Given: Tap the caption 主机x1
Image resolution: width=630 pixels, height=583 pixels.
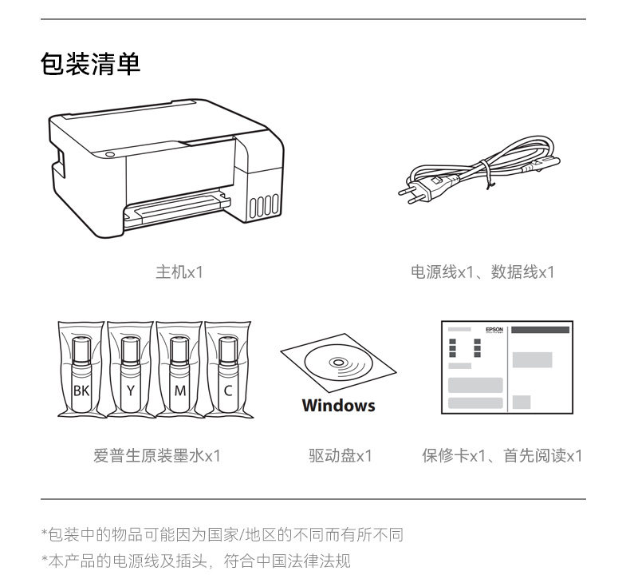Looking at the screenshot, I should click(x=179, y=272).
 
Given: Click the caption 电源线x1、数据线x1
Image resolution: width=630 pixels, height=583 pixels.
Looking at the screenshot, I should click(x=482, y=272).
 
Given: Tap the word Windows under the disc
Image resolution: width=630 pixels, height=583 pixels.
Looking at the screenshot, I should click(x=338, y=406).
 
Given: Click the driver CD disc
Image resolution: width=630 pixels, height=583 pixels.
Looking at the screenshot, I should click(x=338, y=365).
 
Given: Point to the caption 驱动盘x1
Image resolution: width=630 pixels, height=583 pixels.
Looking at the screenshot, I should click(x=340, y=456).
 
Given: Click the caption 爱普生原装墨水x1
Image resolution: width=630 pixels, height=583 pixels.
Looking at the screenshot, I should click(x=156, y=456).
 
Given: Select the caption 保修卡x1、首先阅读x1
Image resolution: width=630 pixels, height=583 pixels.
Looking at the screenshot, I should click(x=502, y=456).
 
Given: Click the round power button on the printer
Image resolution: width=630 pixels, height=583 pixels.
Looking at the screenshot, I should click(x=110, y=154).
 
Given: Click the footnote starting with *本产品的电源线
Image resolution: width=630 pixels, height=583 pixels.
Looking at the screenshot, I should click(x=195, y=561).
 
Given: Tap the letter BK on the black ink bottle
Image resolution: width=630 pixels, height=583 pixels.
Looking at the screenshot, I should click(x=81, y=391).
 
